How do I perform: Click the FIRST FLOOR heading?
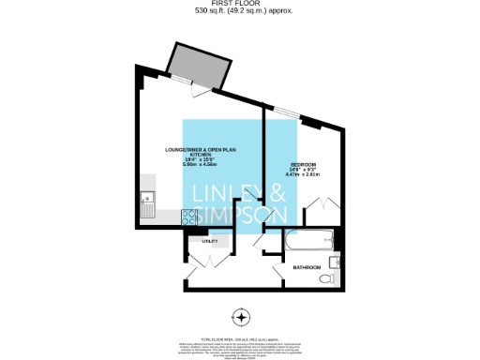[239, 4]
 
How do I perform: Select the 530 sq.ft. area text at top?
[239, 11]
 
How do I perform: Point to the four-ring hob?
[189, 217]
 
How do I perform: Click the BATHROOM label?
[307, 267]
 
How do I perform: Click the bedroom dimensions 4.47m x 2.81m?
[303, 174]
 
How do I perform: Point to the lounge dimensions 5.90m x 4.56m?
[199, 165]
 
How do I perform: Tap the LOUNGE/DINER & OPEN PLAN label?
[199, 151]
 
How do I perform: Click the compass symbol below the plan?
[240, 315]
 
